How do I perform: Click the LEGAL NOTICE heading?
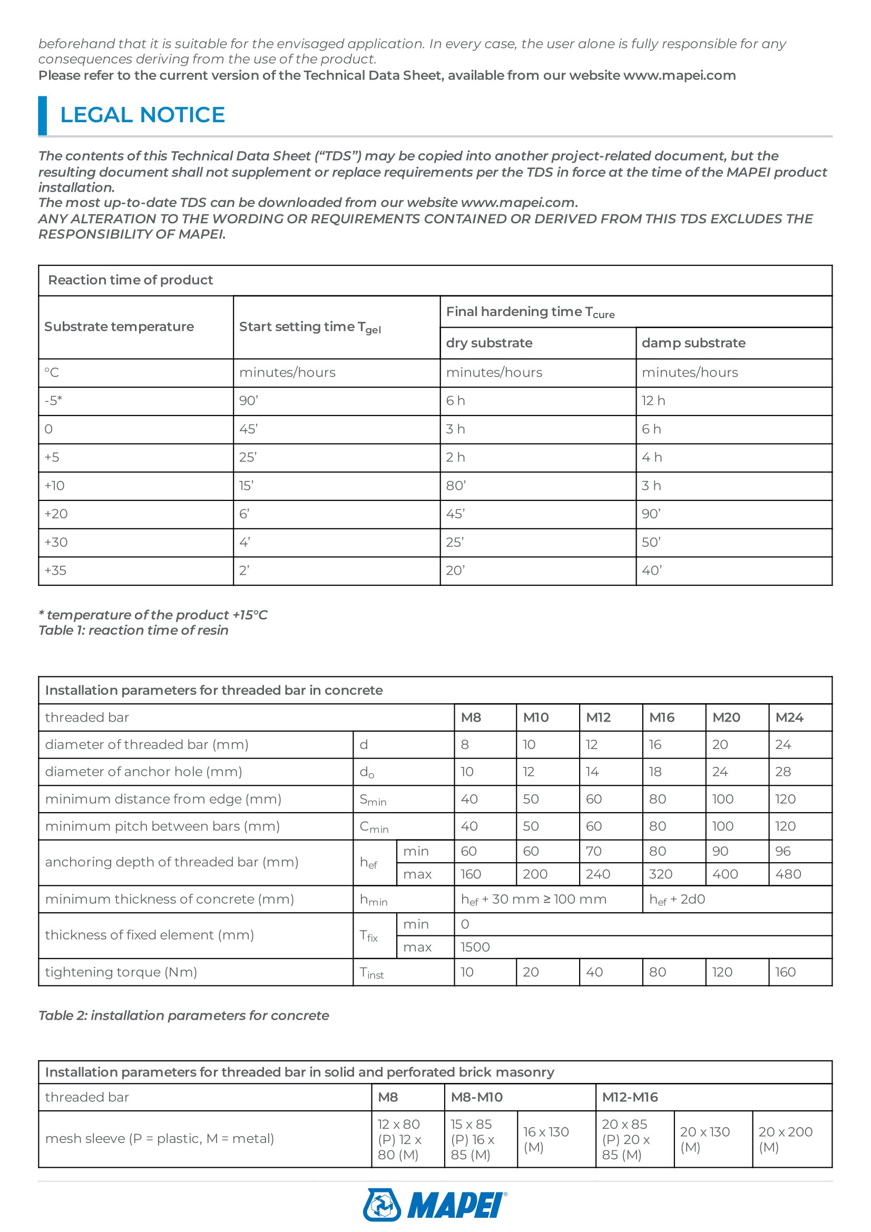142,115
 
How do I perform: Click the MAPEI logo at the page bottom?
435,1205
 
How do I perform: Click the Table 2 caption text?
183,1015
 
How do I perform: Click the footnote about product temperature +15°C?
153,615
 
